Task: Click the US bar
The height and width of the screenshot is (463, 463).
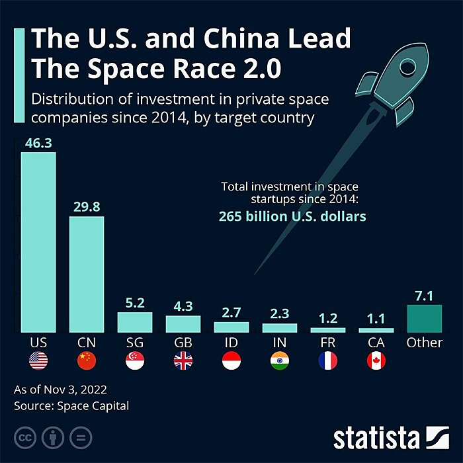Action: [38, 241]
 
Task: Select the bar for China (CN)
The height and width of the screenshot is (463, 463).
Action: [87, 274]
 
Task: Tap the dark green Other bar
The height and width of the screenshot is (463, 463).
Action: [424, 318]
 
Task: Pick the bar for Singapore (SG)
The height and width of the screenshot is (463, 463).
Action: [135, 322]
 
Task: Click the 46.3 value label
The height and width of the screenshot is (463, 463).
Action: [38, 143]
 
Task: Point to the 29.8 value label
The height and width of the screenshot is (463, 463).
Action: [87, 207]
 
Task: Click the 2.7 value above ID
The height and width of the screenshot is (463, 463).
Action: [232, 312]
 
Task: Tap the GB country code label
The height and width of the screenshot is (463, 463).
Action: [183, 343]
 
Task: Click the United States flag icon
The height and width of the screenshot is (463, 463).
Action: [38, 361]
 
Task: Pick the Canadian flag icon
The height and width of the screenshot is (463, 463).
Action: [376, 361]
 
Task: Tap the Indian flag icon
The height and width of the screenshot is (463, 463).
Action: [280, 361]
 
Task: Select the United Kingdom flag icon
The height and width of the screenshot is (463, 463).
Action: [183, 361]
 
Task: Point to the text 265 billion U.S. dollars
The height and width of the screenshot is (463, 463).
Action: [292, 216]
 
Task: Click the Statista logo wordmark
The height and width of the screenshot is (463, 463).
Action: [376, 438]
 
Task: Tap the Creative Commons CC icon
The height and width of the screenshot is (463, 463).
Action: [25, 438]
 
